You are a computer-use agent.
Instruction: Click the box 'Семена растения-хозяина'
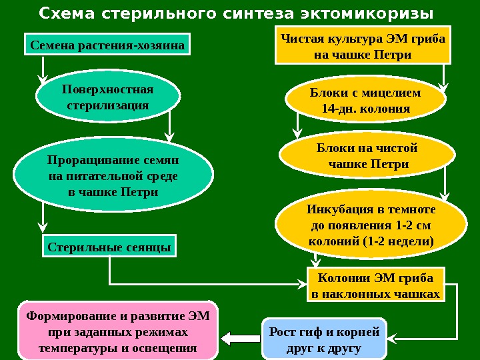point(107,46)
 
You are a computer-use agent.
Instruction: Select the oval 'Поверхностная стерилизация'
point(107,97)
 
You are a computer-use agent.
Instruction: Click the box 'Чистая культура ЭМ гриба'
point(363,46)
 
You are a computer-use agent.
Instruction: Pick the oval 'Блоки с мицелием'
point(365,100)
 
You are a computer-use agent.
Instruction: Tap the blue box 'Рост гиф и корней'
point(325,339)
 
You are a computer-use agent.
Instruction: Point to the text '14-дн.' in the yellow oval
point(339,108)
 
